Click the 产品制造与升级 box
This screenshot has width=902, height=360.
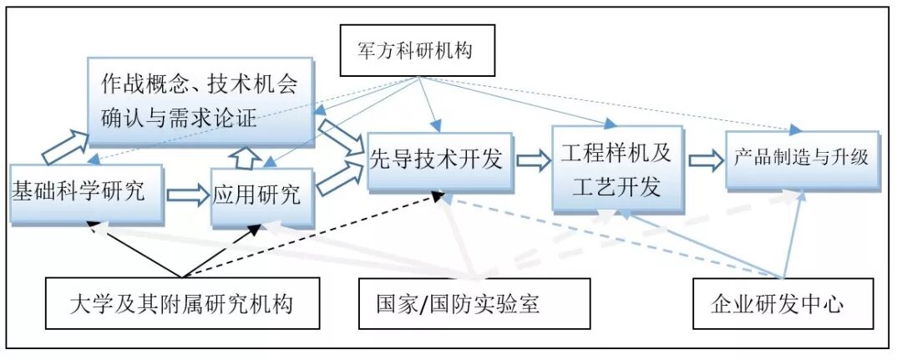802,159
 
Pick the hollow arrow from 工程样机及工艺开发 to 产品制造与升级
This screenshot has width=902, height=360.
705,160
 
